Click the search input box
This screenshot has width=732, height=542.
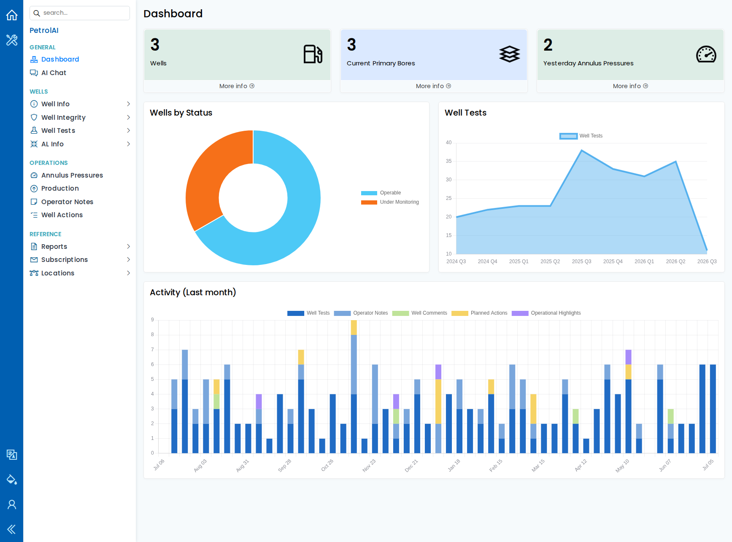coord(80,13)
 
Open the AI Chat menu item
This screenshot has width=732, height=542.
coord(54,73)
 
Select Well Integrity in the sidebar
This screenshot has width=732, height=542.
coord(63,117)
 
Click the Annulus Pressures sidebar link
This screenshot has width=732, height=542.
coord(72,175)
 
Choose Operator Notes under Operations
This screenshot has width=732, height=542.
coord(67,202)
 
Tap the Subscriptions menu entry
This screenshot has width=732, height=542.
coord(64,259)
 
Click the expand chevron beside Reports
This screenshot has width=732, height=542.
coord(128,246)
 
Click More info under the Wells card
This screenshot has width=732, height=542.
coord(237,86)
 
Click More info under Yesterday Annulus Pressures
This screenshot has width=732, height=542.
coord(630,86)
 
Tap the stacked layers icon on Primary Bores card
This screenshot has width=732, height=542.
coord(510,54)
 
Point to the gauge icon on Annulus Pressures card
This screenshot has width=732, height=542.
coord(706,54)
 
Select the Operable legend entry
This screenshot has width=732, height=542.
coord(381,193)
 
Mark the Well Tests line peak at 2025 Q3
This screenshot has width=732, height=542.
coord(582,150)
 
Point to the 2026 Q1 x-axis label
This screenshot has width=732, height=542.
coord(644,262)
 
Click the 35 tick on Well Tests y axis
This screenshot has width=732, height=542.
coord(448,161)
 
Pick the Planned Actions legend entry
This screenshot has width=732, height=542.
coord(479,313)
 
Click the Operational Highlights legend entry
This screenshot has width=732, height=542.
coord(546,313)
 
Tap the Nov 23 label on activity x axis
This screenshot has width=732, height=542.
coord(369,465)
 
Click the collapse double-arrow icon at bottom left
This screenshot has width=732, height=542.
coord(11,529)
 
